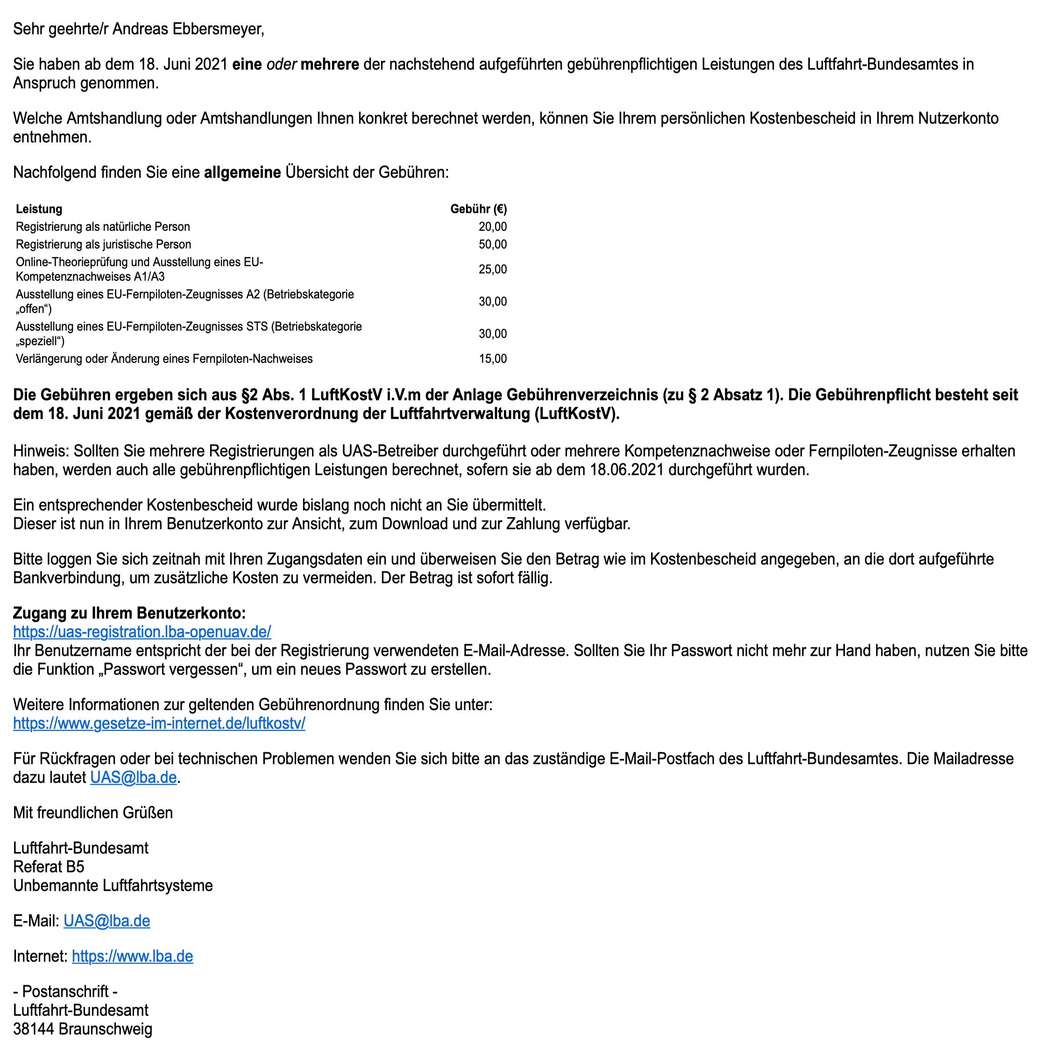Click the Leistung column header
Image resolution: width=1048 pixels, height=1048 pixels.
click(x=39, y=209)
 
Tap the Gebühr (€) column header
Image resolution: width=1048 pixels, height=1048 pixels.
click(x=478, y=209)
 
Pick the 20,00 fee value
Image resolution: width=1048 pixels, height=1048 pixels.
click(x=493, y=227)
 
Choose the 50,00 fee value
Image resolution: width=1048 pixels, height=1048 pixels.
click(x=493, y=245)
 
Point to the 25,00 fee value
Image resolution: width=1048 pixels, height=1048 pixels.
click(x=493, y=269)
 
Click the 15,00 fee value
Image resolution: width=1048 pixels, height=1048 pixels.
click(x=493, y=359)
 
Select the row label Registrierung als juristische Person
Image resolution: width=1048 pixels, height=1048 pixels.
click(x=104, y=245)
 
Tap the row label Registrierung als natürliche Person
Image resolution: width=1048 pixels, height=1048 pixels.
click(x=103, y=227)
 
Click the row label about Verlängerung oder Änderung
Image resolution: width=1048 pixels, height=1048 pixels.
click(x=164, y=359)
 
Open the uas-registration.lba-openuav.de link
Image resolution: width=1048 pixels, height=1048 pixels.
click(x=142, y=632)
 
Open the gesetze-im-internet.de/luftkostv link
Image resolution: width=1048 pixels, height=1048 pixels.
click(x=159, y=723)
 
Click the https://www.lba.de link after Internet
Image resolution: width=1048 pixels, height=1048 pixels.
click(x=132, y=956)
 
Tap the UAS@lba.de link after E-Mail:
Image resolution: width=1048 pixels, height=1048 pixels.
click(x=107, y=921)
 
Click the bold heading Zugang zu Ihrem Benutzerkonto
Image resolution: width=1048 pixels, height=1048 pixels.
click(x=129, y=614)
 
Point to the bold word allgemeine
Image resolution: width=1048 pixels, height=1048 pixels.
click(x=242, y=173)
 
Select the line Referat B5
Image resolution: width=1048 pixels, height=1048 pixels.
click(x=49, y=867)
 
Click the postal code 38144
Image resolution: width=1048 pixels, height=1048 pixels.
click(x=33, y=1029)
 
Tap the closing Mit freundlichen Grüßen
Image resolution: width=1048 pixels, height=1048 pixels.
click(x=93, y=813)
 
